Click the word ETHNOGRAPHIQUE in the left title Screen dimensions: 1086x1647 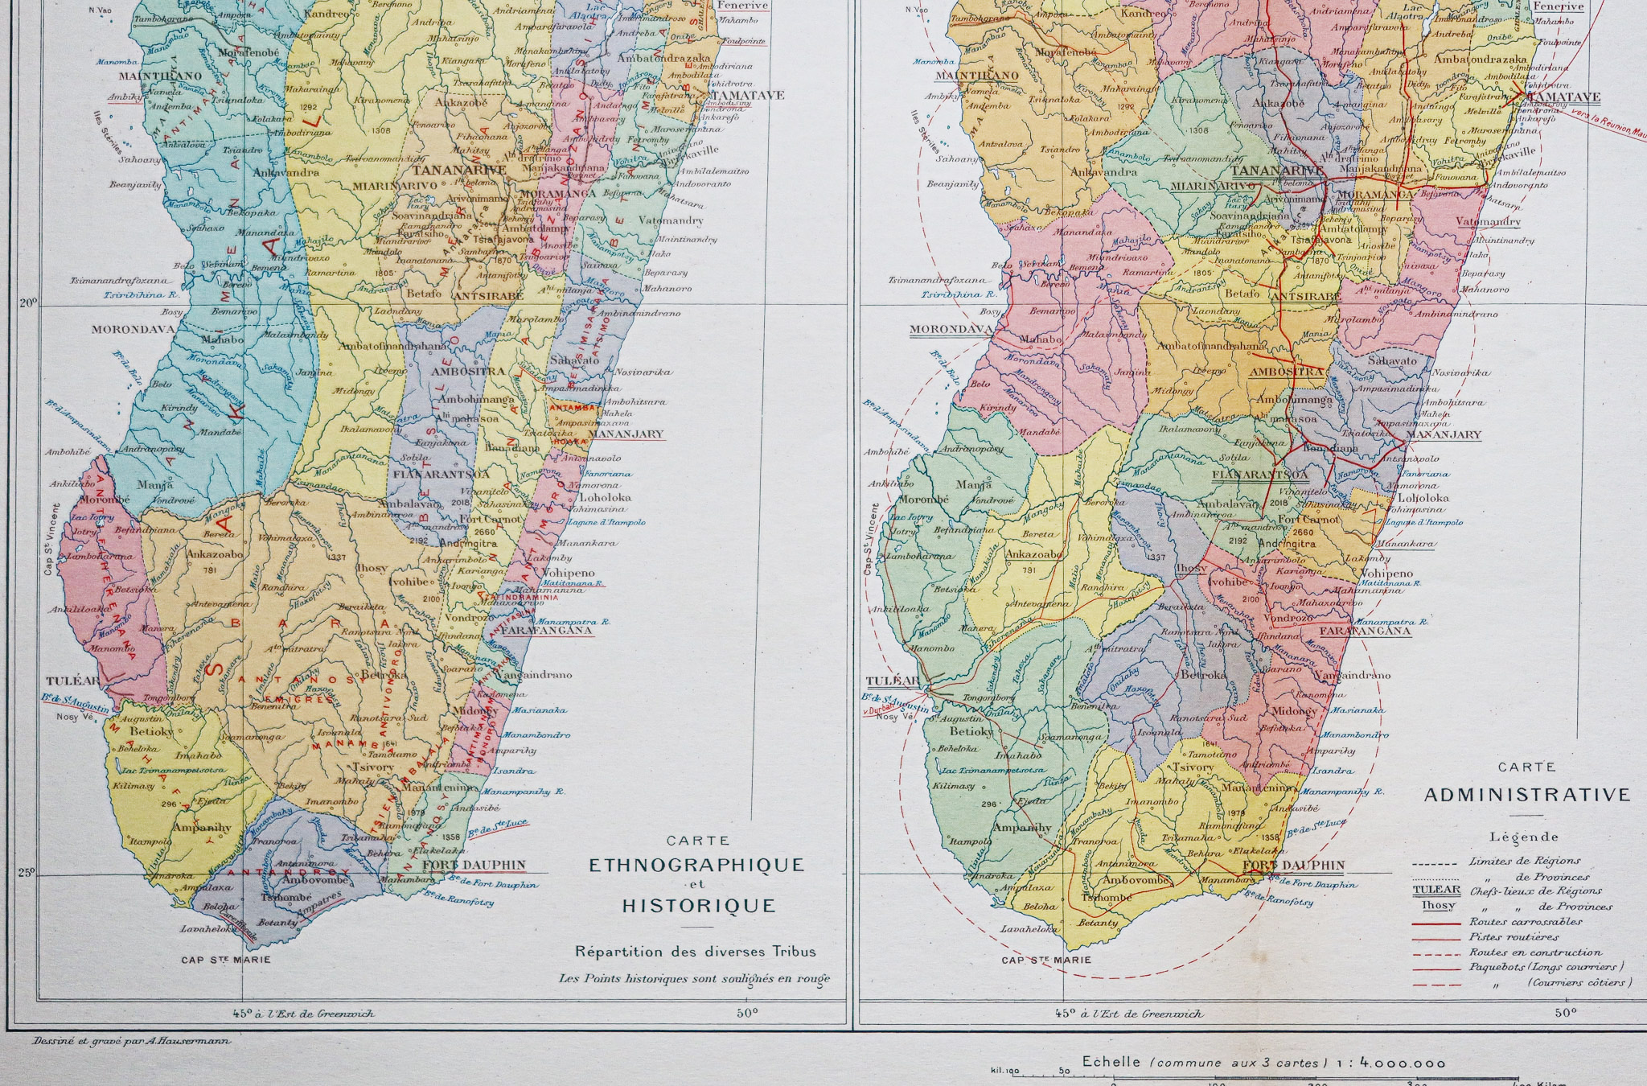(x=696, y=866)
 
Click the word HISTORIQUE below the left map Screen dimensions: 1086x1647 (x=698, y=906)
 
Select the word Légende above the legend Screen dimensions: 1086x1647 (x=1523, y=837)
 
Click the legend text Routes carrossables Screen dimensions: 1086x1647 (x=1525, y=922)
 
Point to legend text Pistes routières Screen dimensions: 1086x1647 (x=1514, y=936)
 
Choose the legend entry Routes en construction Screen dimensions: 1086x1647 (x=1535, y=952)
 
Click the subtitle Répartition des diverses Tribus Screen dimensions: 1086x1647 (x=695, y=952)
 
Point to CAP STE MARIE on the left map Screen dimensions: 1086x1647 (x=226, y=959)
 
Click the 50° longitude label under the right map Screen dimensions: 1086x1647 (x=1564, y=1013)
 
